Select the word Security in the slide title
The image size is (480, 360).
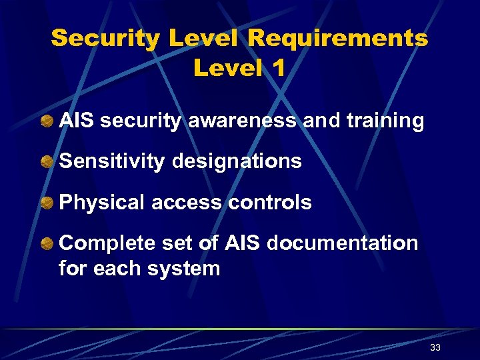coord(105,39)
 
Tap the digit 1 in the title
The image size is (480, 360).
coord(278,68)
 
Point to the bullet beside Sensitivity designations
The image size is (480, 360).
coord(47,162)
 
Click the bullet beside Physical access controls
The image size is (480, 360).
coord(47,203)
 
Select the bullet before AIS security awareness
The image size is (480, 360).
coord(47,121)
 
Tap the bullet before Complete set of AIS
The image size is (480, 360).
coord(47,244)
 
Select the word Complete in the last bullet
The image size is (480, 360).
coord(107,243)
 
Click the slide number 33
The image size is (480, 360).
coord(435,348)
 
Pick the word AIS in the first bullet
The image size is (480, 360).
coord(75,121)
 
